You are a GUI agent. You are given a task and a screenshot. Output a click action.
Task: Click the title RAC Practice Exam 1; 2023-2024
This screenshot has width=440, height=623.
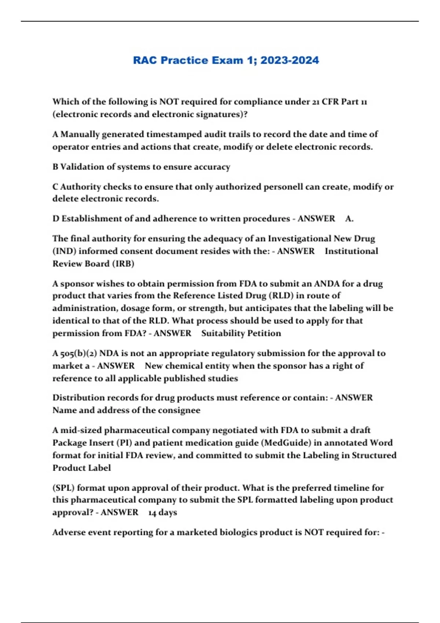226,60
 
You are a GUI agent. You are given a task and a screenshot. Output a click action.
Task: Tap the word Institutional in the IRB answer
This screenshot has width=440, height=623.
351,251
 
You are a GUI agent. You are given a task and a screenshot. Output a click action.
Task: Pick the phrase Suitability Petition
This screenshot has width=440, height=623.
241,333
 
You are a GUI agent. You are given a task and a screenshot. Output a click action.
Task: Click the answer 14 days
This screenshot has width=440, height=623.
162,512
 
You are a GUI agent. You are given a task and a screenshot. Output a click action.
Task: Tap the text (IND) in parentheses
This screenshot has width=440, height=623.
64,251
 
